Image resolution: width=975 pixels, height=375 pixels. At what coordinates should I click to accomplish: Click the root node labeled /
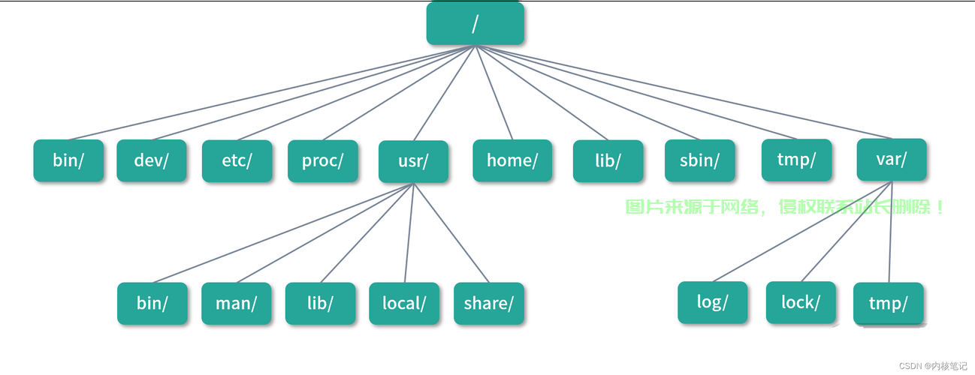point(475,23)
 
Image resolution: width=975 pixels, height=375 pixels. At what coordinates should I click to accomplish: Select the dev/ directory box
point(152,160)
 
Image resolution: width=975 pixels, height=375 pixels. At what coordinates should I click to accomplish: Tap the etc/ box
point(237,160)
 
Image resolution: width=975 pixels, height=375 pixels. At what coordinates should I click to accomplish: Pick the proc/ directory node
point(323,160)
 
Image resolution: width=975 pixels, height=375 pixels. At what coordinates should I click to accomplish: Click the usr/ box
point(413,161)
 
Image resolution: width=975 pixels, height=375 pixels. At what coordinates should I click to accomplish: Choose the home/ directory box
point(512,160)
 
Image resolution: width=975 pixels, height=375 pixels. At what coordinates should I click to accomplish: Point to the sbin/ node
point(700,160)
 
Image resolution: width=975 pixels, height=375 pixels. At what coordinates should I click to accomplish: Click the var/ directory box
point(892,160)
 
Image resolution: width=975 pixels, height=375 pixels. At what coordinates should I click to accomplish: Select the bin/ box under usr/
point(152,303)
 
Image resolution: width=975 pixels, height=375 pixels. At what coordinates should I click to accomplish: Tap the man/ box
point(237,303)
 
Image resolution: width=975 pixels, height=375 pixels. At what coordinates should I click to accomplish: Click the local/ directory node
point(404,303)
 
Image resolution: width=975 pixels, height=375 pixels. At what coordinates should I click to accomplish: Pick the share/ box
point(489,303)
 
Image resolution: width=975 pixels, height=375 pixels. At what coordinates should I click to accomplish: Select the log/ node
point(713,302)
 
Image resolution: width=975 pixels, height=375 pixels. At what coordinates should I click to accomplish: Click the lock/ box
point(801,302)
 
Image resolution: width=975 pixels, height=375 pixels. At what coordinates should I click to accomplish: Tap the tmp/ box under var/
point(889,303)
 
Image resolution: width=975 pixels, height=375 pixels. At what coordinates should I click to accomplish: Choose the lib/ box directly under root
point(608,160)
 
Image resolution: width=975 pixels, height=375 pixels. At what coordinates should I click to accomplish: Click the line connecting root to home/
point(494,92)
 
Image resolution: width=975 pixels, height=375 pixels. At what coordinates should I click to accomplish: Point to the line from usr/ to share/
point(451,233)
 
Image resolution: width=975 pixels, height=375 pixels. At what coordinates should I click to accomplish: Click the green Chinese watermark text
point(784,207)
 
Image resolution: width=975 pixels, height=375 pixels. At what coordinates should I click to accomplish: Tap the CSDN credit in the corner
point(933,366)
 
